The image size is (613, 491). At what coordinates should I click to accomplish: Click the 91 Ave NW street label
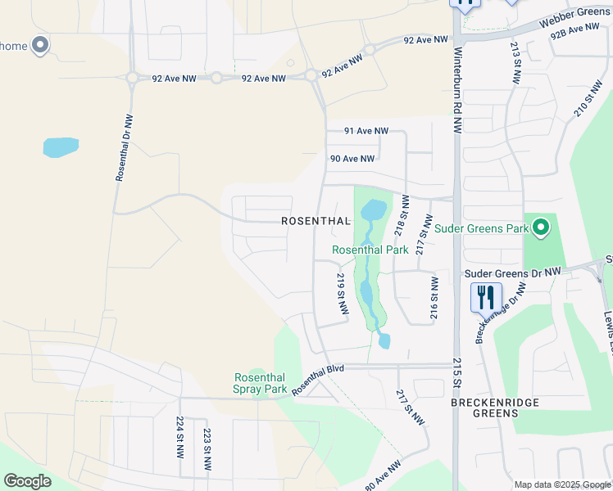coord(366,131)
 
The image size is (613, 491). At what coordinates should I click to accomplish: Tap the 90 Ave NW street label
coord(352,159)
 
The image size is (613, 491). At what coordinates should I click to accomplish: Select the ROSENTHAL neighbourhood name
coord(316,221)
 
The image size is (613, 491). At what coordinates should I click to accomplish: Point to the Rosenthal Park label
coord(370,250)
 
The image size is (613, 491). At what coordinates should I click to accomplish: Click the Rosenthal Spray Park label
coord(261,383)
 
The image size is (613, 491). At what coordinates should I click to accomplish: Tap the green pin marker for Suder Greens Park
coord(539,227)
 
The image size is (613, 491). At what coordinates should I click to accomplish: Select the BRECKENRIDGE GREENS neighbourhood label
coord(485,408)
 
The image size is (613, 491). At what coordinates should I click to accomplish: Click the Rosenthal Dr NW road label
coord(124,147)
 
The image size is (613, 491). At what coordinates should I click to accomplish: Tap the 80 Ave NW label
coord(383,475)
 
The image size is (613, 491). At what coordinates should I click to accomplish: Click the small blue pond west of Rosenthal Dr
coord(61,147)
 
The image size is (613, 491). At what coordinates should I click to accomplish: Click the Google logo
coord(27,481)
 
